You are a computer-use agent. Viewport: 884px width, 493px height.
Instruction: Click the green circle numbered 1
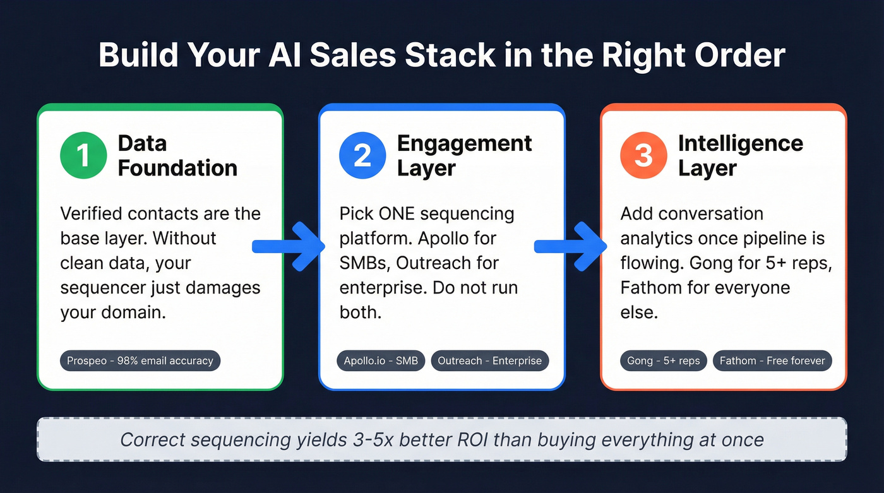[83, 155]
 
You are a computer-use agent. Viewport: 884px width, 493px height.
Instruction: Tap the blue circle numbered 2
[362, 155]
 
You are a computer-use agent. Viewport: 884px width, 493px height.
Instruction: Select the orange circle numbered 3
[643, 155]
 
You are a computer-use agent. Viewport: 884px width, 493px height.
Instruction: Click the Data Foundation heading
[177, 155]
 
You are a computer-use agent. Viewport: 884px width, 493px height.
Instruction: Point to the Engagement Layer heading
[464, 155]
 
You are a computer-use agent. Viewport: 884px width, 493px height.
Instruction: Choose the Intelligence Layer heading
[740, 155]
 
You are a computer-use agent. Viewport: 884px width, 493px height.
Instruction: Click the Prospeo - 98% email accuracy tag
[140, 361]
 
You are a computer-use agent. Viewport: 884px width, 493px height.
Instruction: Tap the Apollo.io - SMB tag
[381, 361]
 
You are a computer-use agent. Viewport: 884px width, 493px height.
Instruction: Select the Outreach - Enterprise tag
[490, 361]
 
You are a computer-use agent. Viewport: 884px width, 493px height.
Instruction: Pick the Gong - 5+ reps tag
[663, 361]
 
